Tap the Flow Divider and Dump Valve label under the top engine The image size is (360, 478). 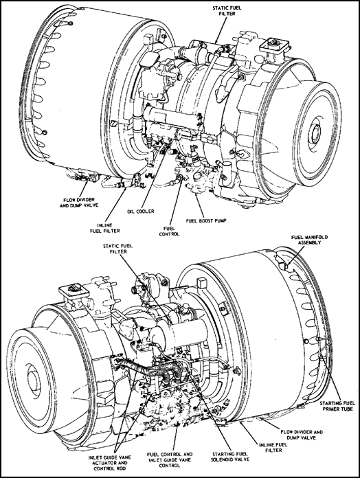[x=78, y=203]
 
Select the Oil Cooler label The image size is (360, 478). [x=141, y=212]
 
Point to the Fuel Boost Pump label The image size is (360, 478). [x=206, y=220]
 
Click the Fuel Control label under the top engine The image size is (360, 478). [x=169, y=231]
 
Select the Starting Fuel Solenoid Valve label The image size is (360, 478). [x=230, y=456]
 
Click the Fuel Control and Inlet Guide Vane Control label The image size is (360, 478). [x=170, y=459]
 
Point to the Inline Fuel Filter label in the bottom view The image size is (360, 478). [x=273, y=448]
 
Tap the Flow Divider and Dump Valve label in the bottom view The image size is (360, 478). [x=302, y=435]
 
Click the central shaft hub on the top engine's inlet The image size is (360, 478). [x=315, y=134]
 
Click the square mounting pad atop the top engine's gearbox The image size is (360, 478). [x=274, y=45]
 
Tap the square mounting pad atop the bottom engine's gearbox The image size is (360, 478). [x=75, y=290]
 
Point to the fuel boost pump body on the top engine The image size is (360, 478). [x=198, y=180]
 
